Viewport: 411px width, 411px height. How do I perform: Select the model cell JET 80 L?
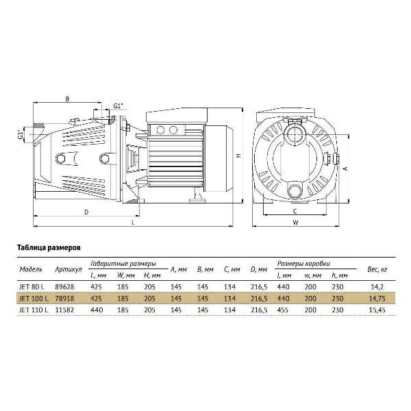click(34, 288)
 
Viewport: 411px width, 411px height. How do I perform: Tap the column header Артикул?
click(71, 269)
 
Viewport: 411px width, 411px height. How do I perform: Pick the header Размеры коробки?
click(302, 263)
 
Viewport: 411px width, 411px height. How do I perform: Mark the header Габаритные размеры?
click(123, 263)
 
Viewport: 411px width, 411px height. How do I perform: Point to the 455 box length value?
click(284, 310)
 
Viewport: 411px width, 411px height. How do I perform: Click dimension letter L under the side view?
click(133, 223)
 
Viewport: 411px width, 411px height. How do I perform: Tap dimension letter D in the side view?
click(86, 212)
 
